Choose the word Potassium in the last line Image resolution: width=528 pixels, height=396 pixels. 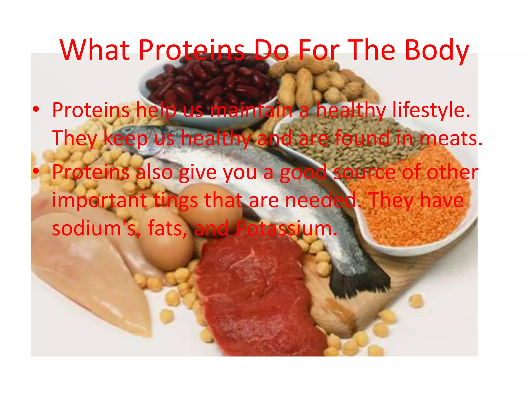[x=286, y=228]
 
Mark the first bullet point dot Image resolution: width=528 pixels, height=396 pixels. [x=36, y=110]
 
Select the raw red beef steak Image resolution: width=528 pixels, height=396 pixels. [x=255, y=296]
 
